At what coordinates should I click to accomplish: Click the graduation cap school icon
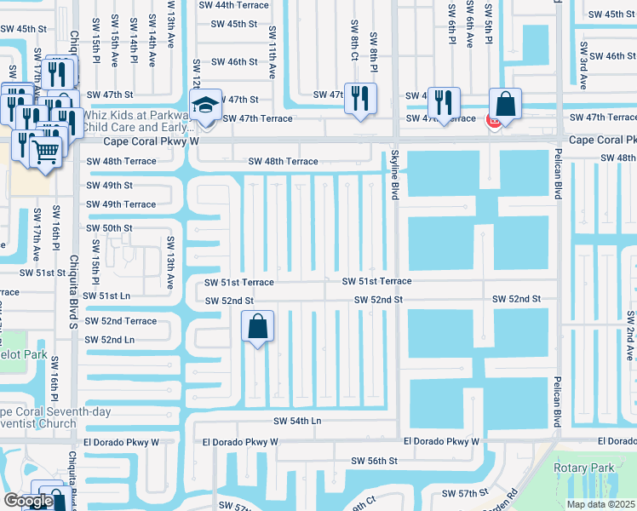(x=205, y=105)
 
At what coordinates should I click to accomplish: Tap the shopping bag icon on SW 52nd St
(x=258, y=326)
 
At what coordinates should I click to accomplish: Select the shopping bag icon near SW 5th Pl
(x=505, y=105)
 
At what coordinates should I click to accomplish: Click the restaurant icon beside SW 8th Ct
(x=360, y=97)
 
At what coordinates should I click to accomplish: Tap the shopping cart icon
(x=46, y=152)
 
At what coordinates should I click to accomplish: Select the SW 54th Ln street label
(x=297, y=421)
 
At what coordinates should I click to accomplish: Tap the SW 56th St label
(x=375, y=460)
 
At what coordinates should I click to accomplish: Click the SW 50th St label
(x=109, y=228)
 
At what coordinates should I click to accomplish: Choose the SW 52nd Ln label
(x=109, y=340)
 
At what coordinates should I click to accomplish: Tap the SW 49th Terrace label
(x=121, y=204)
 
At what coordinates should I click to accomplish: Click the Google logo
(x=28, y=501)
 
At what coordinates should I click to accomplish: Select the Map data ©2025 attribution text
(x=601, y=504)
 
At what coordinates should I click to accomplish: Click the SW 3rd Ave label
(x=583, y=69)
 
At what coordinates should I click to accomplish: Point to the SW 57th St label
(x=465, y=494)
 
